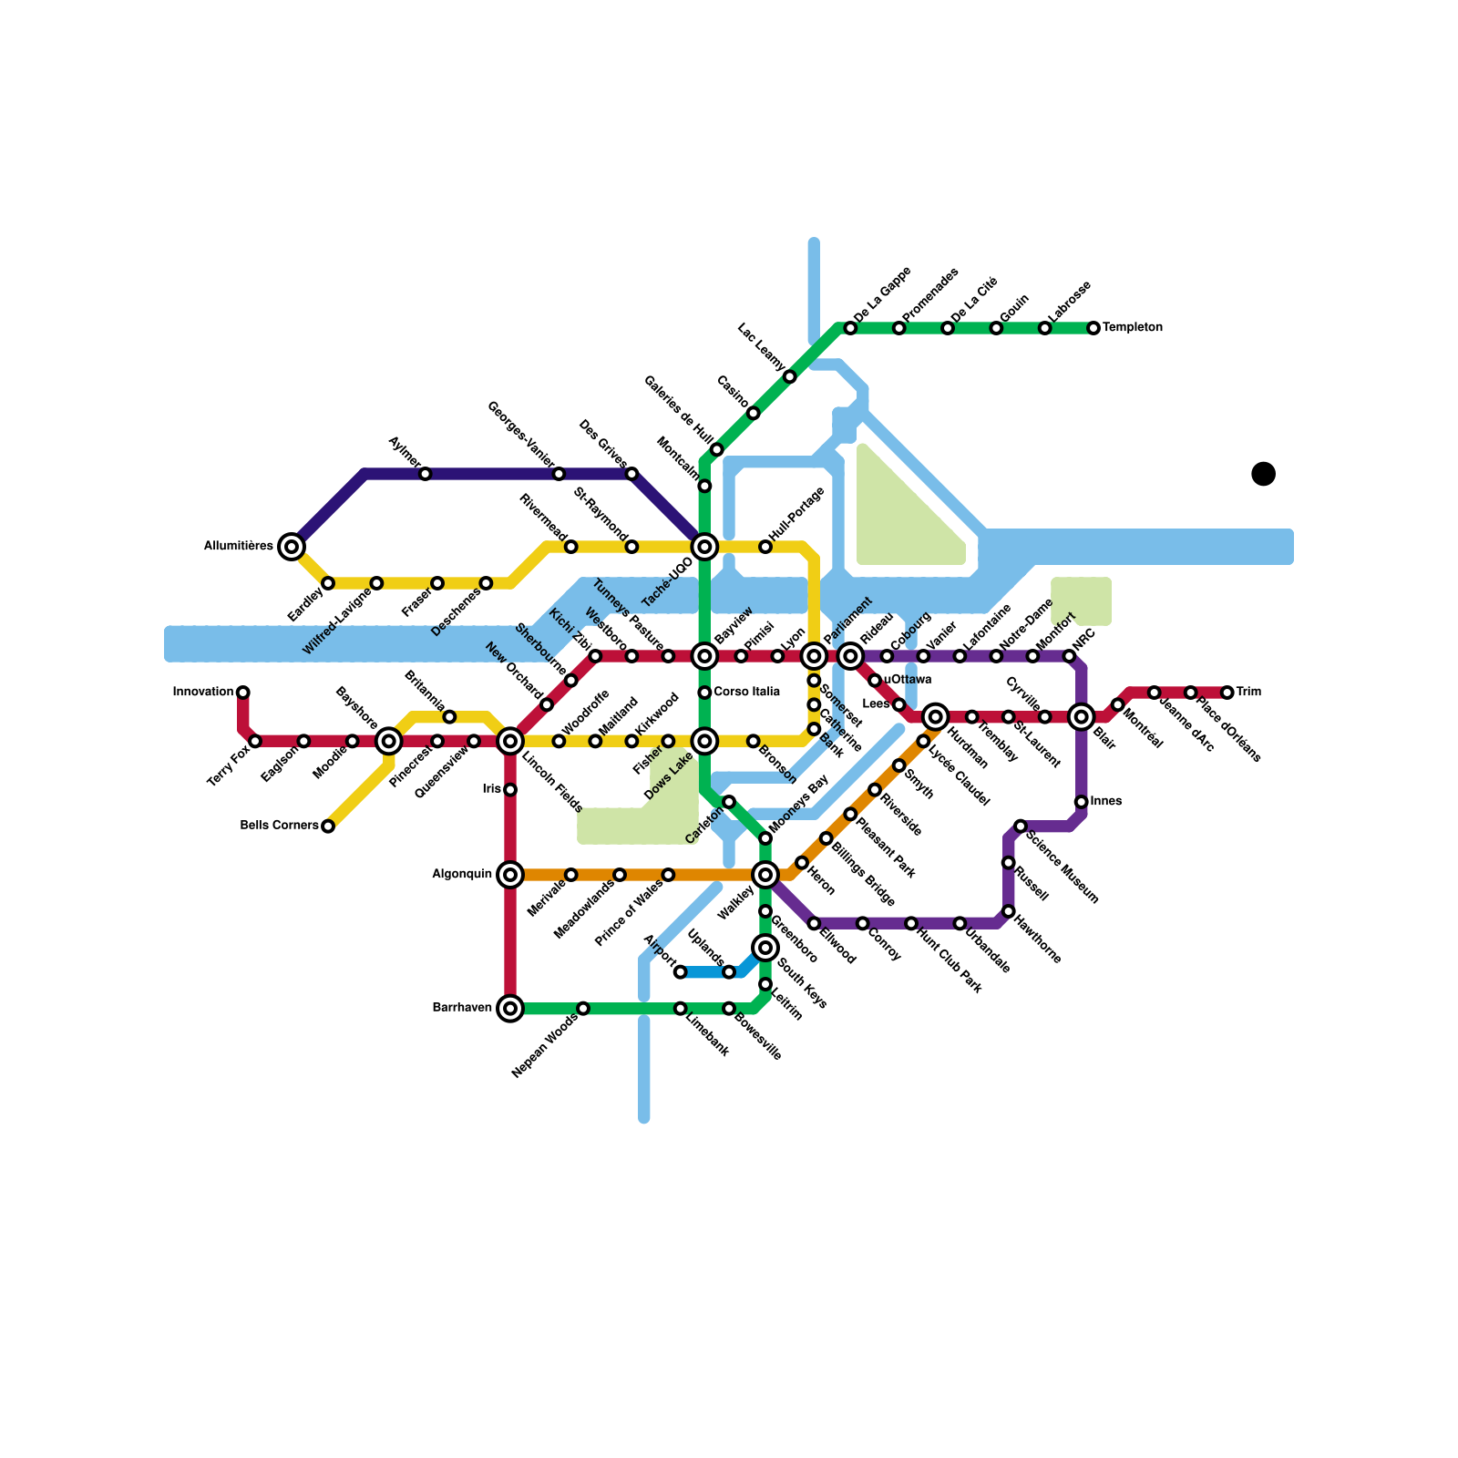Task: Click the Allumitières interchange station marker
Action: tap(292, 547)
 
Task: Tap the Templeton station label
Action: tap(1132, 328)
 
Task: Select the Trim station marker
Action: tap(1227, 693)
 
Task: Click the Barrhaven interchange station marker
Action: tap(510, 1008)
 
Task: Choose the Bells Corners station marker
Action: tap(328, 827)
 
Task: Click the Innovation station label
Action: tap(203, 693)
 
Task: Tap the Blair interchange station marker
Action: tap(1082, 716)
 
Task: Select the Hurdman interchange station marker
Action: tap(935, 716)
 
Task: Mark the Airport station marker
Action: tap(680, 972)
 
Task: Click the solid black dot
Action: tap(1263, 474)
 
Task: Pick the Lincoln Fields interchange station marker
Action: tap(510, 741)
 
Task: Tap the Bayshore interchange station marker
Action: tap(389, 741)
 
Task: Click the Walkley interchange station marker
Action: tap(765, 875)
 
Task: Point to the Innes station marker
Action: tap(1081, 802)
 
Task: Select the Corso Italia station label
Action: tap(746, 693)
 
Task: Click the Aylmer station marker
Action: tap(425, 474)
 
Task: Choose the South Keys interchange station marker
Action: tap(765, 948)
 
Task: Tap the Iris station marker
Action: tap(510, 789)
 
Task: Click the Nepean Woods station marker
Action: tap(583, 1008)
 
